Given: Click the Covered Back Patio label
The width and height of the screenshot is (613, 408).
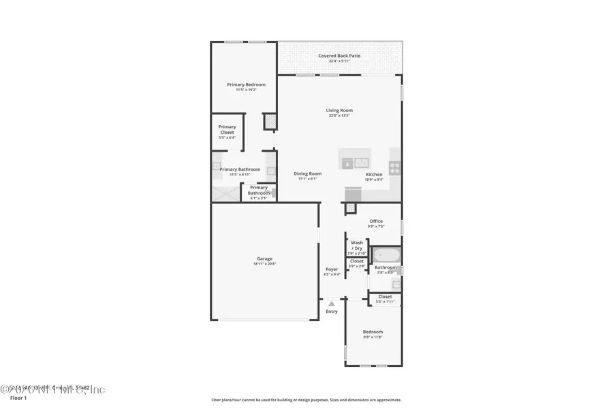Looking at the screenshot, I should pos(339,56).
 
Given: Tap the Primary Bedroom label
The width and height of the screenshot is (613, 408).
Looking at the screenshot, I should pos(246,84).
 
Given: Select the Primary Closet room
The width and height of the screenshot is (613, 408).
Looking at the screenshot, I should pos(227,131).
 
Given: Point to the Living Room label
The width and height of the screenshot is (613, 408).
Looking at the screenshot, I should pos(339,110).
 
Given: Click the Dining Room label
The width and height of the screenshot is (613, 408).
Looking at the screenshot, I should pos(307,173).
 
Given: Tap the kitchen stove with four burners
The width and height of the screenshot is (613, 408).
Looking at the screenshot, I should pos(394,165).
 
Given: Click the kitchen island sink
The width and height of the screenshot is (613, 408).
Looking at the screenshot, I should pos(361,163).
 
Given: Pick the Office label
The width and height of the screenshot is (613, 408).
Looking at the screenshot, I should pos(376,221).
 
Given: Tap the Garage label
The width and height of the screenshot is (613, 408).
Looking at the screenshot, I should pos(264,258).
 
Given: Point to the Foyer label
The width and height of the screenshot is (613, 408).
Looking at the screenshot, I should pos(332,269).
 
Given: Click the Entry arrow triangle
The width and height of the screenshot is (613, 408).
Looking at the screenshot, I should pos(331,303).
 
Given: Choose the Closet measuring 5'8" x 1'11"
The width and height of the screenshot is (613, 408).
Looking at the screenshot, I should pos(385,299).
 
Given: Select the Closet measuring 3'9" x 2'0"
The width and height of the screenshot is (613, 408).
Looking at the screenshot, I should pos(357,263).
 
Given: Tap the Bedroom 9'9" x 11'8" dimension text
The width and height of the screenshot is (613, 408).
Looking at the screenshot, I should pos(373,337).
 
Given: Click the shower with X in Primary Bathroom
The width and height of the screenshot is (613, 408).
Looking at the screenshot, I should pos(226,193).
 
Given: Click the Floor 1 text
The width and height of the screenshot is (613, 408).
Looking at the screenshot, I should pos(18,398).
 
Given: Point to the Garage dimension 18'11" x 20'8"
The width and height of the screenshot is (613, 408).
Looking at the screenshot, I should pos(264,263).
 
